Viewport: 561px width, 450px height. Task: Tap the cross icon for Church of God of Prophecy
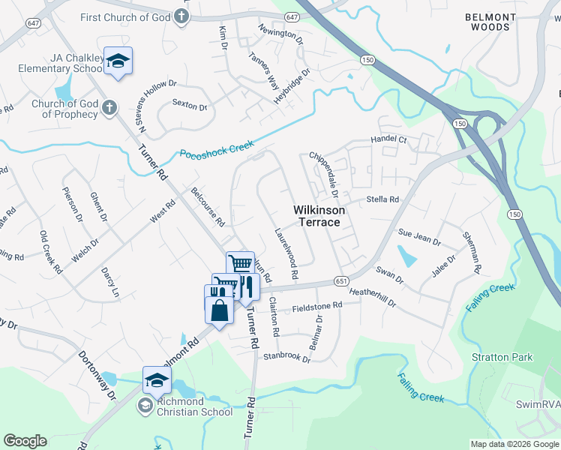click(x=109, y=107)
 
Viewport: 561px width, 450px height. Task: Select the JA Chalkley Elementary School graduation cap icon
click(x=118, y=61)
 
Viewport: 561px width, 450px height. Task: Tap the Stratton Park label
click(x=502, y=357)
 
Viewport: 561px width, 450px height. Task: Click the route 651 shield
click(x=340, y=280)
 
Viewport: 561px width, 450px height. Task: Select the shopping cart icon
click(x=240, y=264)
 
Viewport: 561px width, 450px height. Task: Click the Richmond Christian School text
click(x=184, y=406)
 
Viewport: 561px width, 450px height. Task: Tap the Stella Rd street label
click(x=382, y=199)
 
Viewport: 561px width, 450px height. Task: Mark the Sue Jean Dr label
click(x=419, y=237)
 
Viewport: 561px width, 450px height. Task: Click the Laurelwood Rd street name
click(x=287, y=254)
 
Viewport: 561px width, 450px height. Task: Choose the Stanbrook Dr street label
click(x=286, y=354)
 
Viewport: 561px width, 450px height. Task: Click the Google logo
click(x=25, y=441)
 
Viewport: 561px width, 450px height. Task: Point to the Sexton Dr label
click(x=190, y=106)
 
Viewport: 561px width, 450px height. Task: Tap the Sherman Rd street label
click(x=471, y=251)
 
